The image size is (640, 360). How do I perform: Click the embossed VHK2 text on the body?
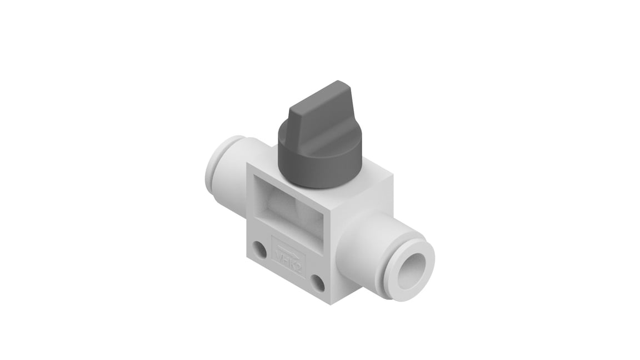click(x=289, y=258)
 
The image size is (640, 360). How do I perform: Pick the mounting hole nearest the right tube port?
click(x=317, y=284)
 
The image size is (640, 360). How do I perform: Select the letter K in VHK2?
click(x=293, y=262)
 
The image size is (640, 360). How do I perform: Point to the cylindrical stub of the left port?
click(x=233, y=167)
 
